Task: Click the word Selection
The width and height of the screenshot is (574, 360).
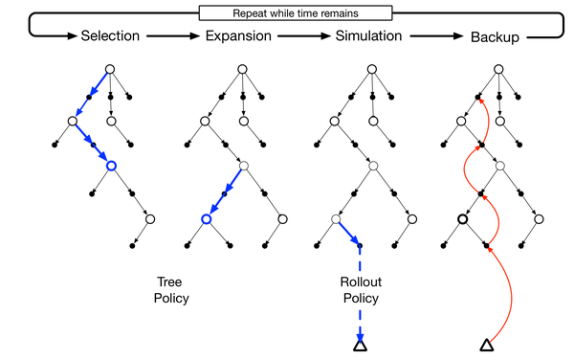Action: (x=110, y=36)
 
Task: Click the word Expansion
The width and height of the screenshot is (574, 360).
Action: (x=239, y=36)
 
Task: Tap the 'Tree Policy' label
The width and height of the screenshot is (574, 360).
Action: (x=172, y=291)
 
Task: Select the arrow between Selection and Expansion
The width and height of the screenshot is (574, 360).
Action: (x=172, y=36)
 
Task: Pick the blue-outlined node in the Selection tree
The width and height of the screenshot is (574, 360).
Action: (x=111, y=167)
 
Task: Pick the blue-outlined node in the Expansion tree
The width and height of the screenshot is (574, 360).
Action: (x=205, y=220)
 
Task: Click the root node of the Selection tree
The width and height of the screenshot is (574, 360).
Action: (x=111, y=68)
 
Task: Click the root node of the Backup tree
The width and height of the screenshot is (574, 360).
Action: (x=498, y=68)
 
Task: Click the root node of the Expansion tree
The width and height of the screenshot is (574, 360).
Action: (x=242, y=68)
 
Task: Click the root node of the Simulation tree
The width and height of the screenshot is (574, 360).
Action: (x=370, y=68)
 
